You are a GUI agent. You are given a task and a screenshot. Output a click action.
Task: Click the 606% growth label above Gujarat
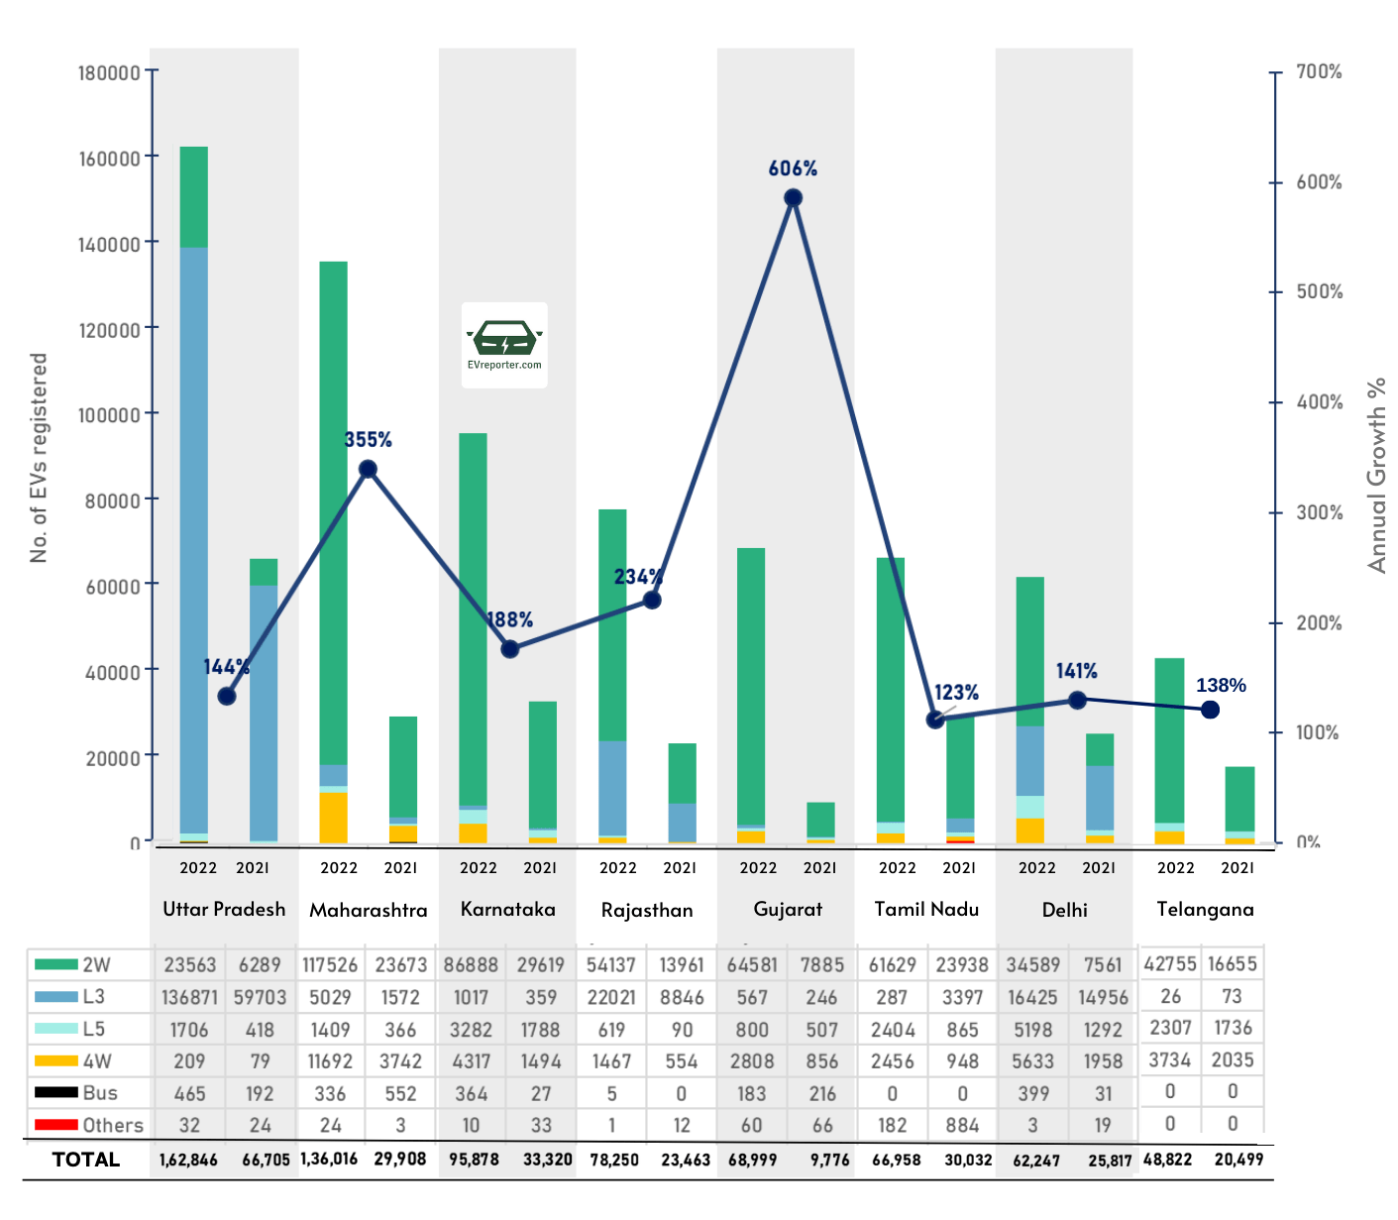pyautogui.click(x=793, y=168)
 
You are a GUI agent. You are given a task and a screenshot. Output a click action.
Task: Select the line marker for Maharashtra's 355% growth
pyautogui.click(x=368, y=469)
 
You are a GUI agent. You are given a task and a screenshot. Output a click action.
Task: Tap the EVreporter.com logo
pyautogui.click(x=504, y=344)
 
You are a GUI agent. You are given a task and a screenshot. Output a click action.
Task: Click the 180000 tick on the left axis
pyautogui.click(x=109, y=72)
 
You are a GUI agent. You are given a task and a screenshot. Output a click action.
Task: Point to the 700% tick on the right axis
pyautogui.click(x=1319, y=71)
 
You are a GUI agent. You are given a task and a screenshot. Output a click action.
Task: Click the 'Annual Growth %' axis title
pyautogui.click(x=1376, y=475)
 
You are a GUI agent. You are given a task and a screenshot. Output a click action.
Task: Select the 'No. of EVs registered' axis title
pyautogui.click(x=39, y=458)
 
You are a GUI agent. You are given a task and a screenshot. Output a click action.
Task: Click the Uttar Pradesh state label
pyautogui.click(x=224, y=909)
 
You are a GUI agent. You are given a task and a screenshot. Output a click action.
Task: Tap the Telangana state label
pyautogui.click(x=1205, y=909)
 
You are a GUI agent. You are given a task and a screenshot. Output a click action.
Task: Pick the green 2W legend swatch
pyautogui.click(x=55, y=964)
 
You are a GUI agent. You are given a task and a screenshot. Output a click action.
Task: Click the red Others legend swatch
pyautogui.click(x=55, y=1125)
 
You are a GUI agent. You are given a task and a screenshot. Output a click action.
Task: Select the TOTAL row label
pyautogui.click(x=86, y=1160)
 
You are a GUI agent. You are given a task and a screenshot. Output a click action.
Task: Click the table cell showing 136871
pyautogui.click(x=188, y=997)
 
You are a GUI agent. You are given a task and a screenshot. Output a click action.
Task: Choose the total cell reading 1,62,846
pyautogui.click(x=188, y=1160)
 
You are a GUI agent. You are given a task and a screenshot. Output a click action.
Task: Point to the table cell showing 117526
pyautogui.click(x=330, y=964)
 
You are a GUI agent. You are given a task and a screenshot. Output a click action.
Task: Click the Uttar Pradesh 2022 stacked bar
pyautogui.click(x=193, y=496)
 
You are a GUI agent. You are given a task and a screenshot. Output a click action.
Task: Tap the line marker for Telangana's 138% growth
pyautogui.click(x=1210, y=710)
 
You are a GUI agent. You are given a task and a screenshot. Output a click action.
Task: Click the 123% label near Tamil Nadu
pyautogui.click(x=956, y=692)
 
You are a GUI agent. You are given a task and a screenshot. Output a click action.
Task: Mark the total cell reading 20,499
pyautogui.click(x=1238, y=1159)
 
